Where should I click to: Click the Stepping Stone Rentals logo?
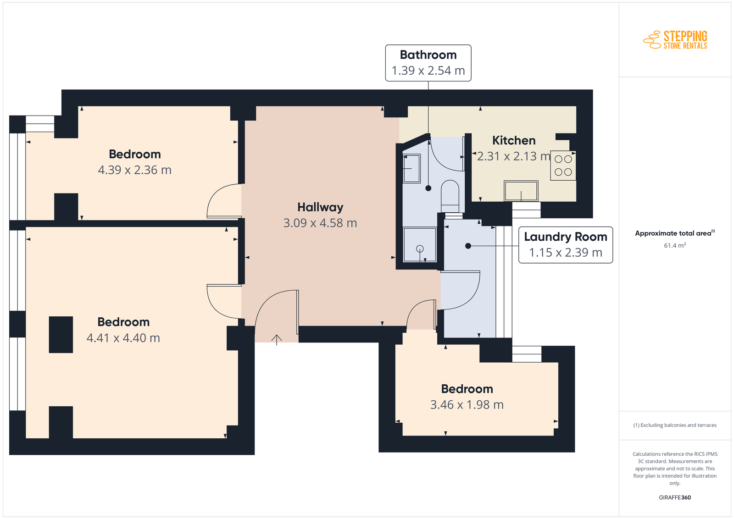point(675,39)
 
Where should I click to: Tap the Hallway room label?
point(320,207)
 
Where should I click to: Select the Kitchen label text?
point(514,140)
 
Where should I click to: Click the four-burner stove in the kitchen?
point(563,166)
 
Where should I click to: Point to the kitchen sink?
point(521,191)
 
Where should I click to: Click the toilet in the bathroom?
point(450,196)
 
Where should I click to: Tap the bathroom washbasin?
point(411,168)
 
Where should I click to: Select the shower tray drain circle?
point(420,249)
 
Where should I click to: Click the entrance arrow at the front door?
point(277,340)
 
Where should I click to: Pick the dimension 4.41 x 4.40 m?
point(123,338)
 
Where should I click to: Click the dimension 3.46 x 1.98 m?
point(467,405)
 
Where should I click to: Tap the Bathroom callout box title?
point(428,55)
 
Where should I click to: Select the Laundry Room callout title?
point(566,237)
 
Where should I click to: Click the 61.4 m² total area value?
point(675,245)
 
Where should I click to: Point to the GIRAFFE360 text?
point(675,497)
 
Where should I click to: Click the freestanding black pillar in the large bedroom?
point(61,335)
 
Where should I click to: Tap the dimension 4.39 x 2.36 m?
point(135,170)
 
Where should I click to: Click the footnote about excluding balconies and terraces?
point(675,425)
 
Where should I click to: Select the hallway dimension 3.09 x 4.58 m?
point(320,223)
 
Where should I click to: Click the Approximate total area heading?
point(675,233)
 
